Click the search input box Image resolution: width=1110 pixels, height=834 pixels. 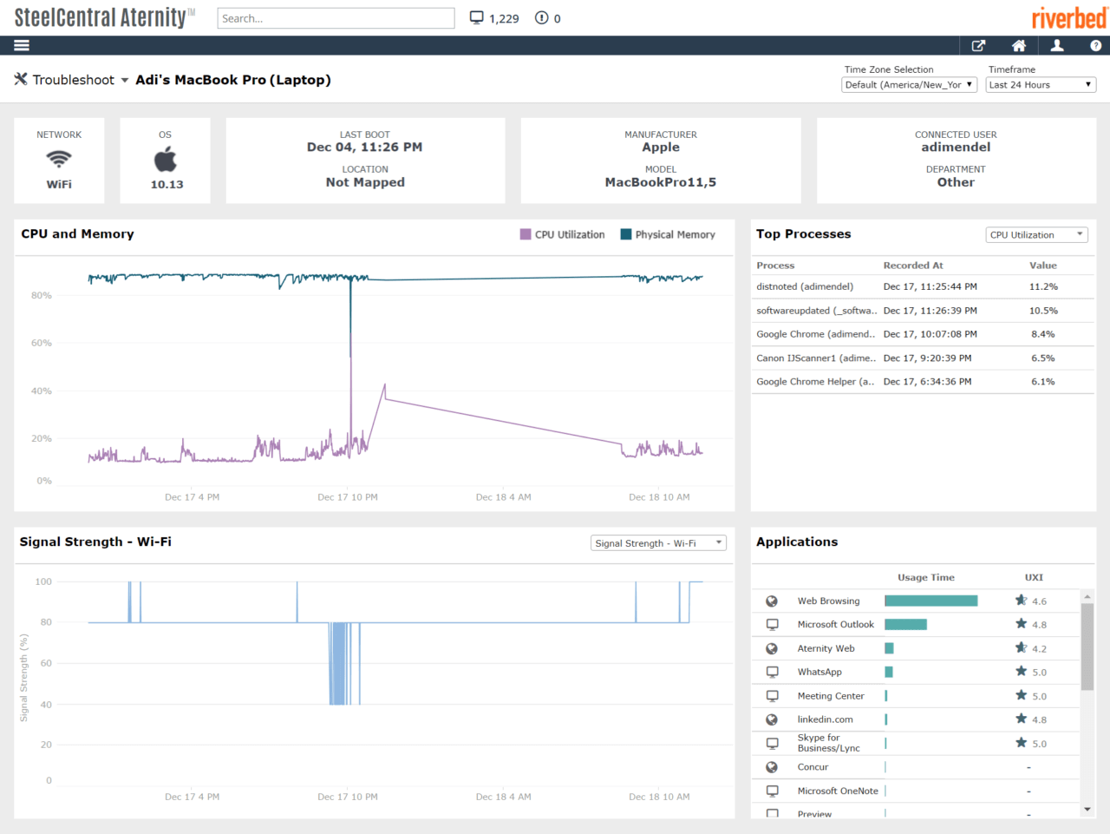click(x=336, y=18)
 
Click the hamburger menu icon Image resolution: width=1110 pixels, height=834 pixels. click(x=22, y=45)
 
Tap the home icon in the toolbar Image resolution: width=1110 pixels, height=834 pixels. click(x=1019, y=45)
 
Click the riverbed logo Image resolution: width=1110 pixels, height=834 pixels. click(x=1068, y=17)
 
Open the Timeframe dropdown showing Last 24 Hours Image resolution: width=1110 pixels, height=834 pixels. click(x=1041, y=85)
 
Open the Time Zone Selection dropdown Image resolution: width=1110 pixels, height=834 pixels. click(x=909, y=85)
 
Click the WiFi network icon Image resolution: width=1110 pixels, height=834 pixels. click(x=59, y=159)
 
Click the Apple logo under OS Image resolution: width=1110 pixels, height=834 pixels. click(x=166, y=159)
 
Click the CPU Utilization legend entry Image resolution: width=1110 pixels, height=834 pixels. click(x=563, y=234)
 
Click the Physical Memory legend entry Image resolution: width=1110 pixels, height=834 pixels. click(x=669, y=234)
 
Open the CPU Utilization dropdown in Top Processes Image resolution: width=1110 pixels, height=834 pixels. click(x=1036, y=234)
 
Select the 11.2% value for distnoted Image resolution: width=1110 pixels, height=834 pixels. click(x=1043, y=286)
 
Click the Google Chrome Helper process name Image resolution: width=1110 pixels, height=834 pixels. click(x=814, y=382)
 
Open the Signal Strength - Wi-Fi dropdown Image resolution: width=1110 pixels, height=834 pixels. click(x=658, y=543)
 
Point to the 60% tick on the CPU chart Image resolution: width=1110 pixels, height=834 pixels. click(x=42, y=343)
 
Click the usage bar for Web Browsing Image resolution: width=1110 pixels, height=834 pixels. click(x=930, y=601)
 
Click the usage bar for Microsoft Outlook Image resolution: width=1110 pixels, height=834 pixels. click(x=905, y=625)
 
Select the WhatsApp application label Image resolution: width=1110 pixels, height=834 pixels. click(x=819, y=672)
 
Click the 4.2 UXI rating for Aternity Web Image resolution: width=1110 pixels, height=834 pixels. click(x=1039, y=648)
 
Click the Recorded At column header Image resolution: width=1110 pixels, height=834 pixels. click(x=912, y=266)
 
